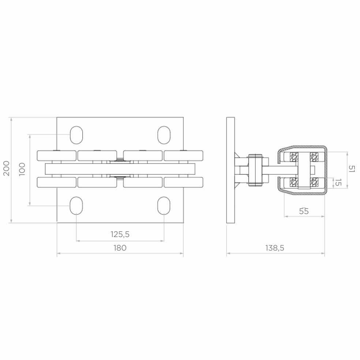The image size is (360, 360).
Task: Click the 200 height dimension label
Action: tap(7, 168)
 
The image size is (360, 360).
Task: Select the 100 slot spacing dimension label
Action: tap(22, 169)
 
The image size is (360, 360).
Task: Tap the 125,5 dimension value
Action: tap(120, 234)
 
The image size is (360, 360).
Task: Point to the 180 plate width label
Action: tap(120, 248)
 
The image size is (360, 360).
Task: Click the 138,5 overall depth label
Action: tap(275, 248)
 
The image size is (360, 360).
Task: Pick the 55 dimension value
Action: tap(304, 211)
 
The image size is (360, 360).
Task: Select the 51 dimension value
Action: tap(352, 169)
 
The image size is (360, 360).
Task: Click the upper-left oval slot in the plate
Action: tap(76, 135)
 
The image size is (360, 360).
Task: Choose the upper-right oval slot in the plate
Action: tap(164, 135)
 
